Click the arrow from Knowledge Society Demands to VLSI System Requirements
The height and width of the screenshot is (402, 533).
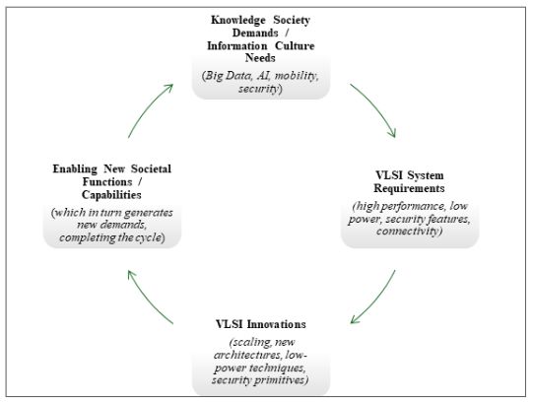click(375, 107)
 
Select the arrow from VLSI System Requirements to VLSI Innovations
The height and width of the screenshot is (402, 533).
click(375, 300)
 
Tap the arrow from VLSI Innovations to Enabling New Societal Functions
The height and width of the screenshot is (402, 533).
click(148, 300)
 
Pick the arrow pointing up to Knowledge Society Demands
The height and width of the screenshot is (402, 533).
click(148, 108)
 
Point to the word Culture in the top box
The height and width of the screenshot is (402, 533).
click(295, 45)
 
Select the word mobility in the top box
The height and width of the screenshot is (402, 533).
click(297, 76)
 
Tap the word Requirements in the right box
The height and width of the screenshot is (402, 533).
click(409, 188)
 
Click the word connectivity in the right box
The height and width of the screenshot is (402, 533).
click(407, 232)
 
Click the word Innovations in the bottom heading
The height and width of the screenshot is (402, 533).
click(277, 324)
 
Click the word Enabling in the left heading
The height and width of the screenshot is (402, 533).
click(75, 168)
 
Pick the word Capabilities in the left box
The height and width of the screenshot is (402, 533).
click(111, 195)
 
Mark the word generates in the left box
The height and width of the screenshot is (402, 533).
click(148, 213)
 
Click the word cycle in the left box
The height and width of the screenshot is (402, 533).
click(148, 237)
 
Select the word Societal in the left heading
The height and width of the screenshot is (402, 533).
click(151, 168)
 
